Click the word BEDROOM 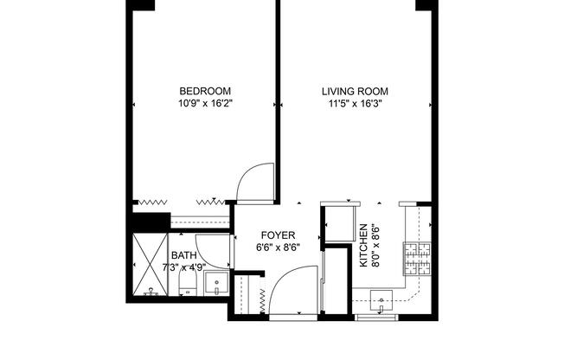205,91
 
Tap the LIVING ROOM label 355,91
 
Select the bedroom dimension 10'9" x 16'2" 205,103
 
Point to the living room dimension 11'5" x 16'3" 355,103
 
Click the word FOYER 278,235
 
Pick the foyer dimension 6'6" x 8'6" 278,247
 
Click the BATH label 183,255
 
